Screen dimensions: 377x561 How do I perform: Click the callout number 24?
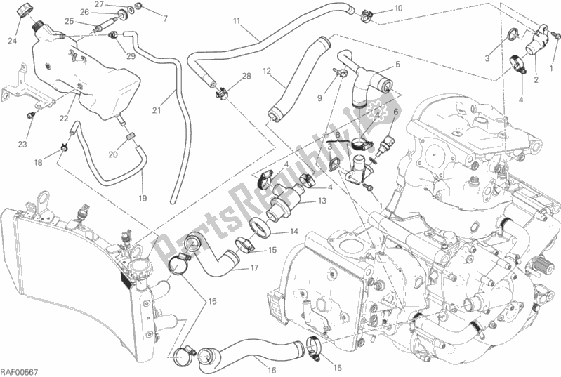tap(12, 40)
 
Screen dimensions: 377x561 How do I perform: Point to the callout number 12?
tap(268, 71)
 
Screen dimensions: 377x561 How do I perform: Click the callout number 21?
tap(157, 111)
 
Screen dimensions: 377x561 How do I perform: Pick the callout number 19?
tap(143, 199)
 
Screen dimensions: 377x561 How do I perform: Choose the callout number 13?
tap(321, 201)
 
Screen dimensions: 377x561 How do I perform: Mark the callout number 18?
tap(39, 162)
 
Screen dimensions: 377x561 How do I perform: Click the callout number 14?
tap(294, 231)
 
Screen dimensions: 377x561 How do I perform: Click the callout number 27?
tap(100, 5)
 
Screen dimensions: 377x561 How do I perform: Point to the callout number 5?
tap(397, 65)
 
